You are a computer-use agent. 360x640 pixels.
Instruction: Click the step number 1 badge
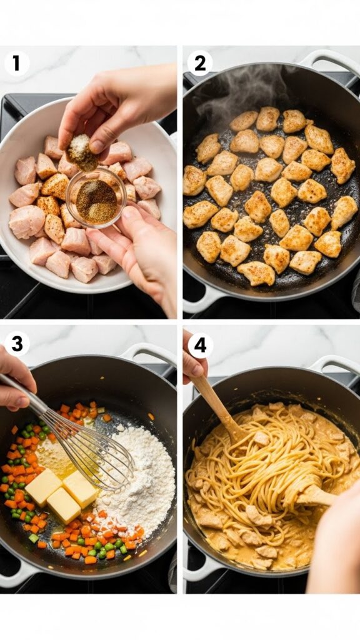coord(16,63)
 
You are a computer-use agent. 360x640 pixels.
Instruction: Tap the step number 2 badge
coord(200,63)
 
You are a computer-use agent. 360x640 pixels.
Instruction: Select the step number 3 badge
coord(16,344)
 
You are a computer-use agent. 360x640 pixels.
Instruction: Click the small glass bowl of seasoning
coord(96,198)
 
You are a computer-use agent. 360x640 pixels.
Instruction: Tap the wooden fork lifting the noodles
coord(316,494)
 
